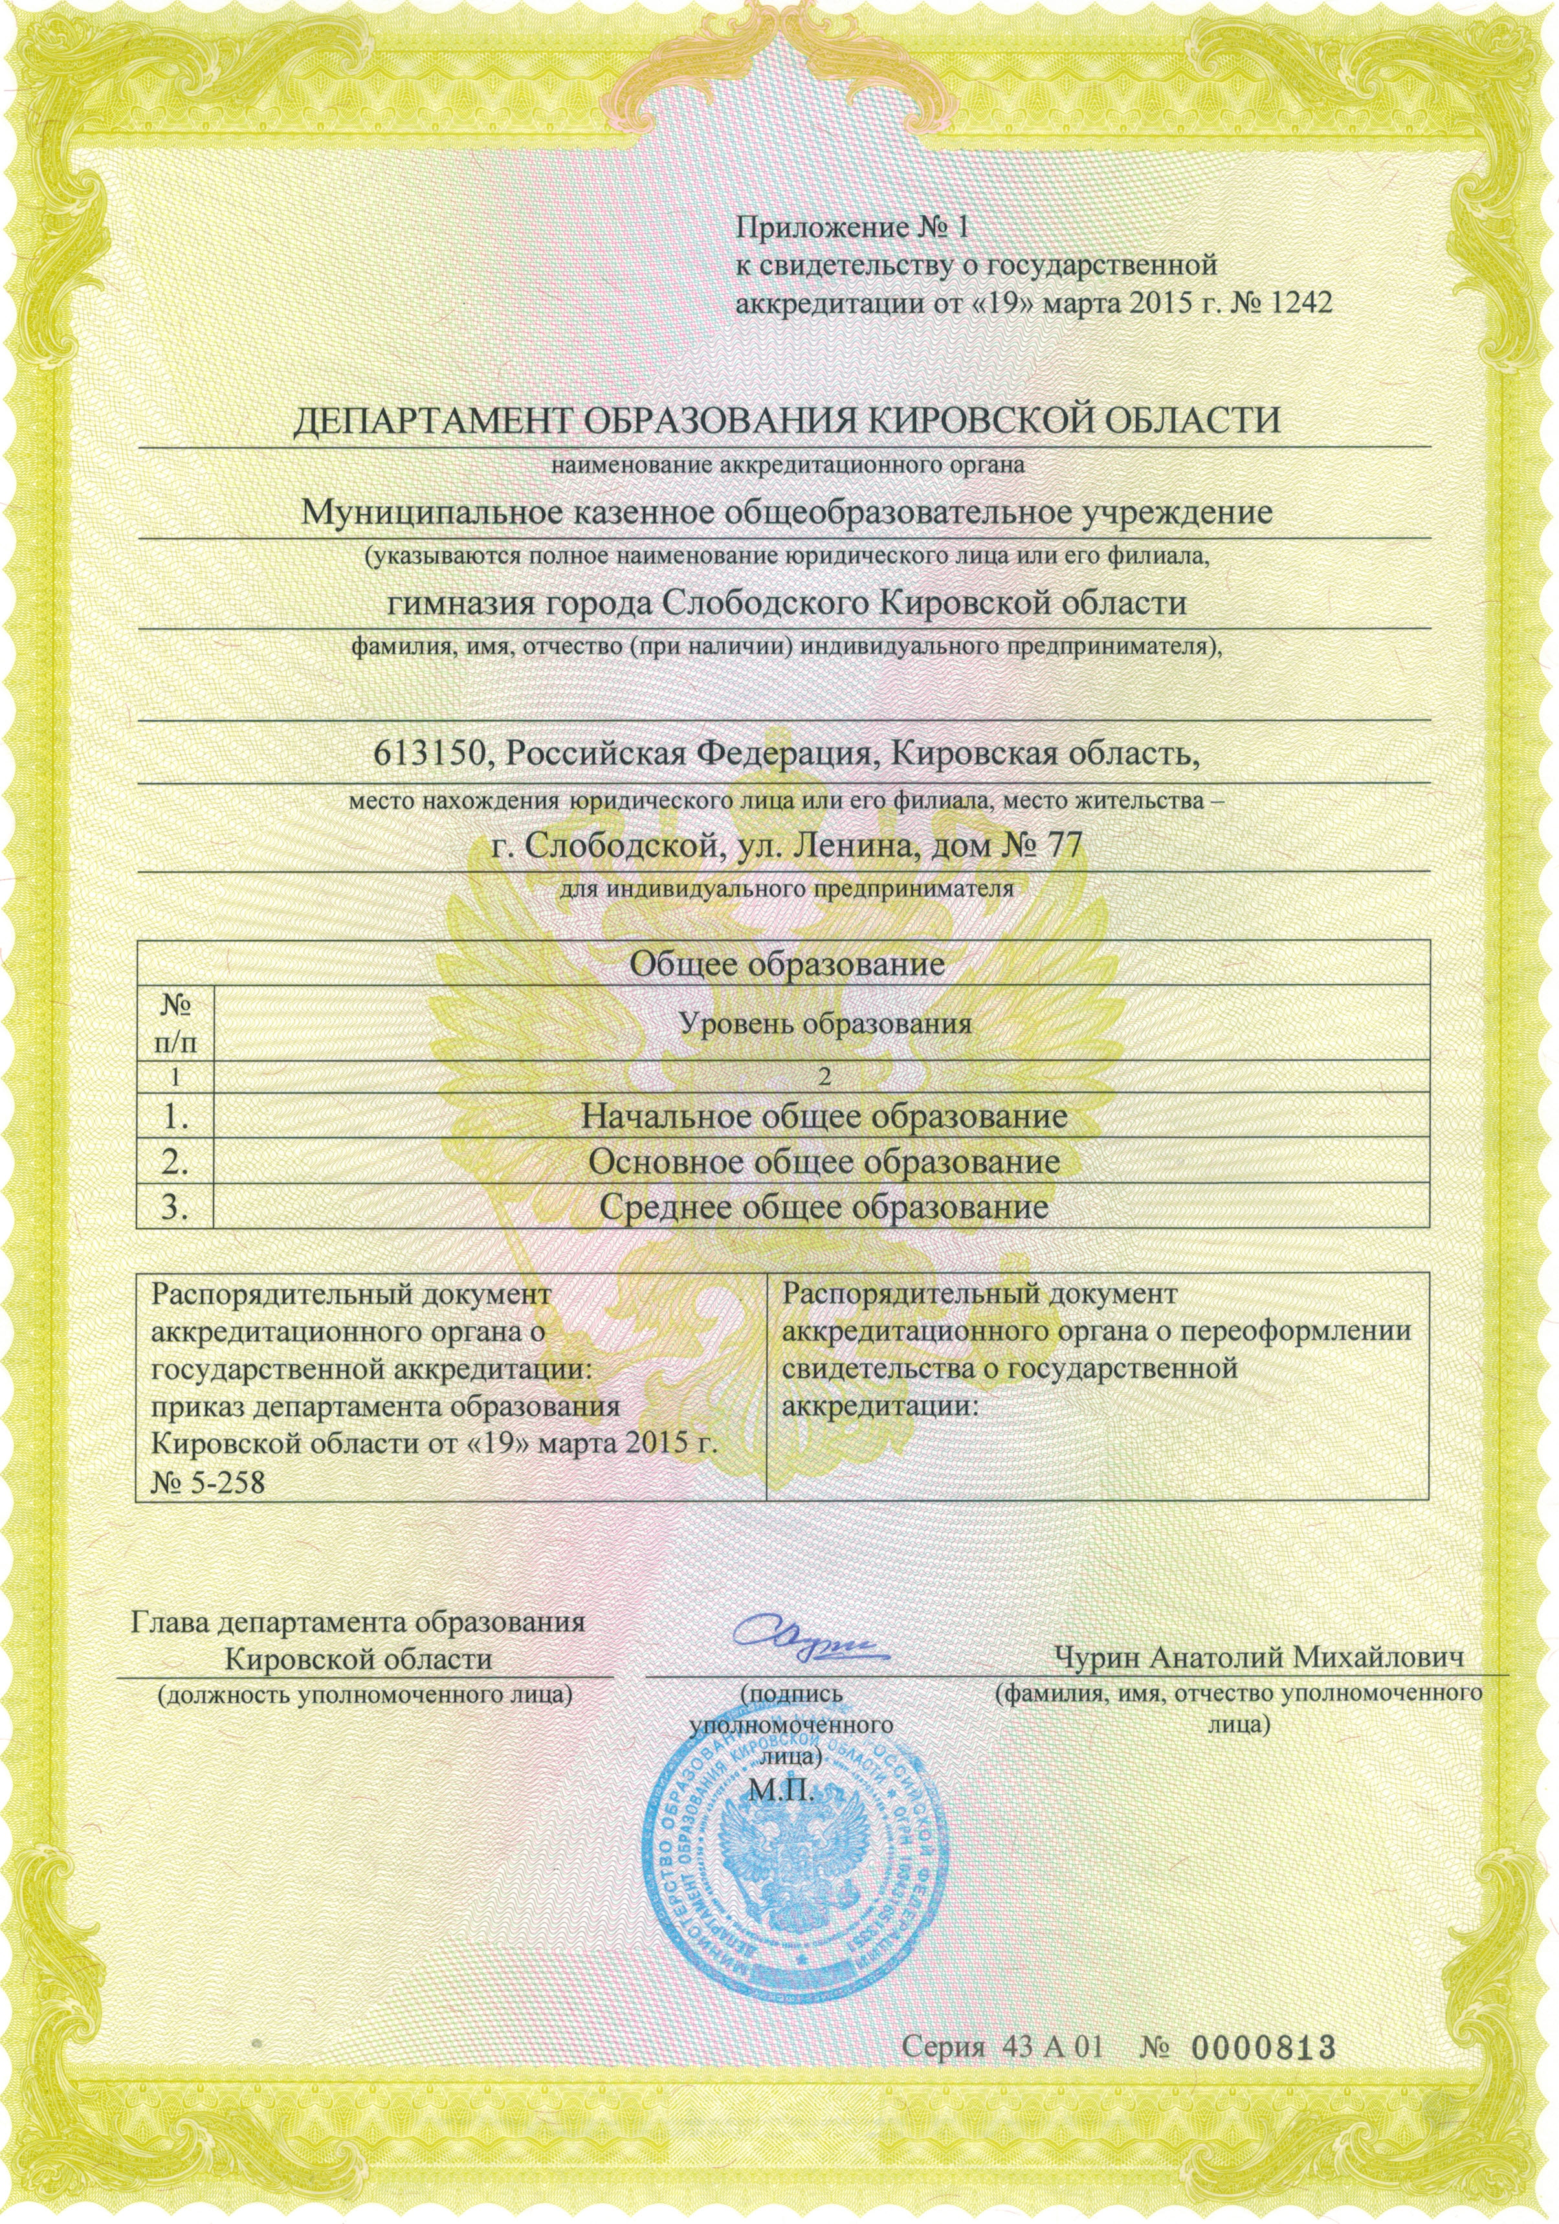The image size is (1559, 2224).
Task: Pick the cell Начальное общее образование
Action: [x=823, y=1117]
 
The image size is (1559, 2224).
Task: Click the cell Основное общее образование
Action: [x=824, y=1161]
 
